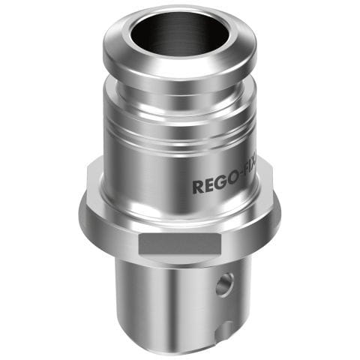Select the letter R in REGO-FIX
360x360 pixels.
pyautogui.click(x=198, y=186)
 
